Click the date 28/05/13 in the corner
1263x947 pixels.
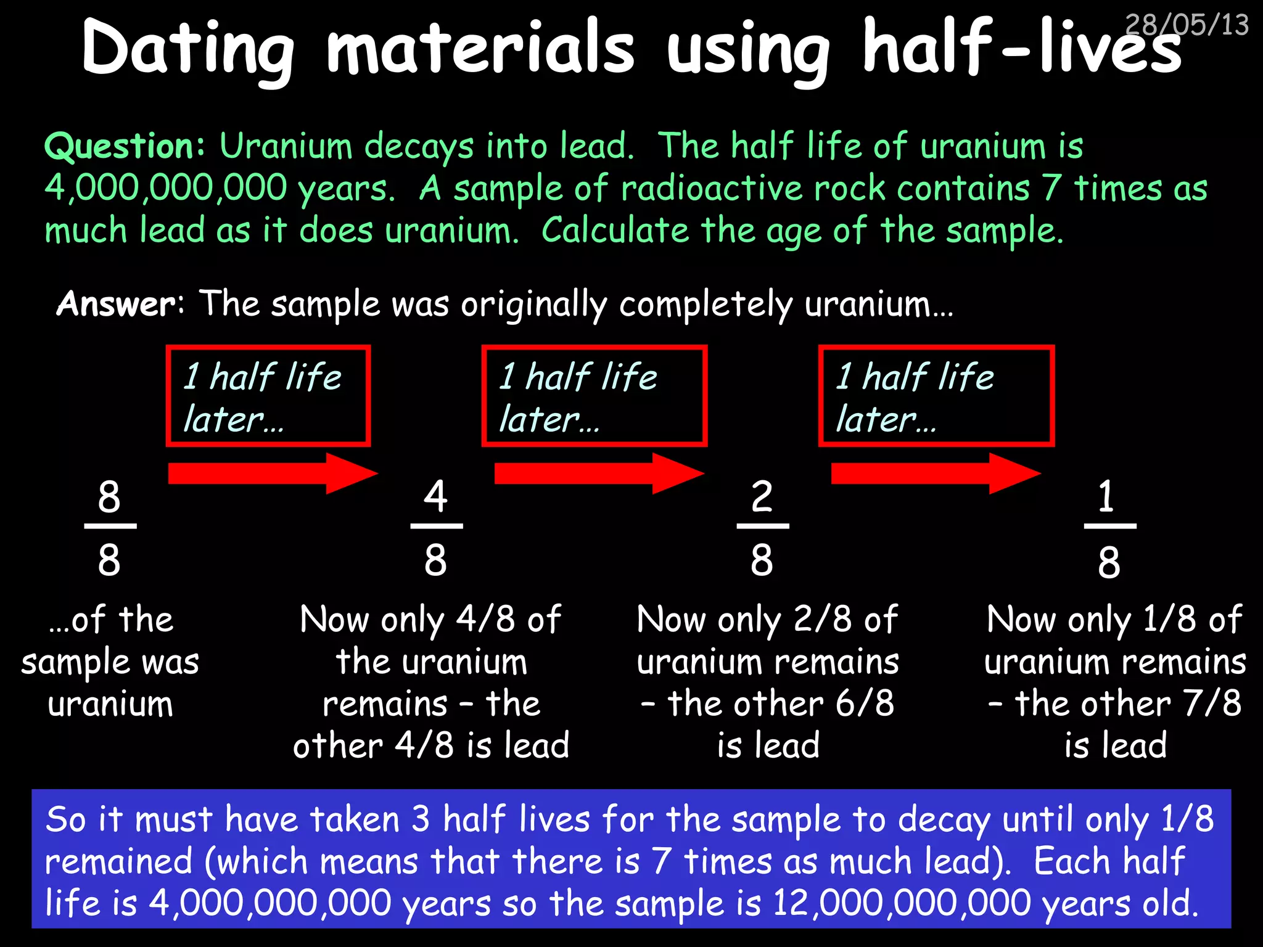pos(1187,25)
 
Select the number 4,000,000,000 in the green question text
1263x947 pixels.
pos(166,188)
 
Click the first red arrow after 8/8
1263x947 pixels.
pos(272,473)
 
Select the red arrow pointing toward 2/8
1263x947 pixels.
pos(598,473)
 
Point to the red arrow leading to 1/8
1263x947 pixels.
pos(935,473)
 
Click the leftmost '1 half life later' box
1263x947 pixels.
pos(268,396)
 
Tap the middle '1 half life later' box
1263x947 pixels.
pos(594,396)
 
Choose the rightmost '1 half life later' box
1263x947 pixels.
pos(936,396)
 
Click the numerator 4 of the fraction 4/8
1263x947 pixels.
pos(435,496)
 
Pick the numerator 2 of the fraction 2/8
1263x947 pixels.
pos(762,496)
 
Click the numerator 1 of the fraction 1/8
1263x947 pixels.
pos(1106,496)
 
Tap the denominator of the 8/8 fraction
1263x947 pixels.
pos(109,560)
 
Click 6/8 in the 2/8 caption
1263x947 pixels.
pos(865,703)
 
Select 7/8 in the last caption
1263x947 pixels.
pos(1212,703)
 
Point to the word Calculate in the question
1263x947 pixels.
pos(615,231)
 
